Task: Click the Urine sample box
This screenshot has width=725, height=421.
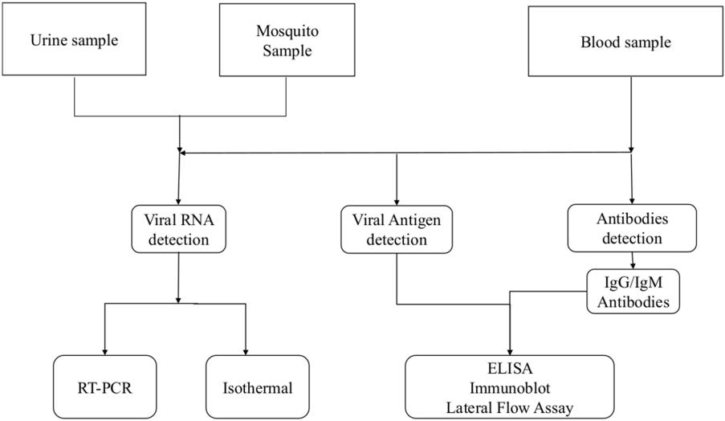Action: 74,39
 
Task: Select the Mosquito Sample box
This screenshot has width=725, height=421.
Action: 287,39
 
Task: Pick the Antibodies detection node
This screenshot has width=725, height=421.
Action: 631,227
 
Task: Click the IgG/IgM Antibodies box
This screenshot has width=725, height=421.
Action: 634,291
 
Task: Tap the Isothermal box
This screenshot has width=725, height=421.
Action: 257,389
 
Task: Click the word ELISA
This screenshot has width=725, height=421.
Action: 511,372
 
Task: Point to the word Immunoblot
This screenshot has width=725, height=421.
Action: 511,390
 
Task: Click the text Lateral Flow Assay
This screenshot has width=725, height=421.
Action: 511,408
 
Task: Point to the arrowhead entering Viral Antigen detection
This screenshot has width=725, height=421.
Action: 397,201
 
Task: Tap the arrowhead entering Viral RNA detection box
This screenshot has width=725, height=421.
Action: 178,201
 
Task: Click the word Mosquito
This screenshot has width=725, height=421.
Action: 287,31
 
